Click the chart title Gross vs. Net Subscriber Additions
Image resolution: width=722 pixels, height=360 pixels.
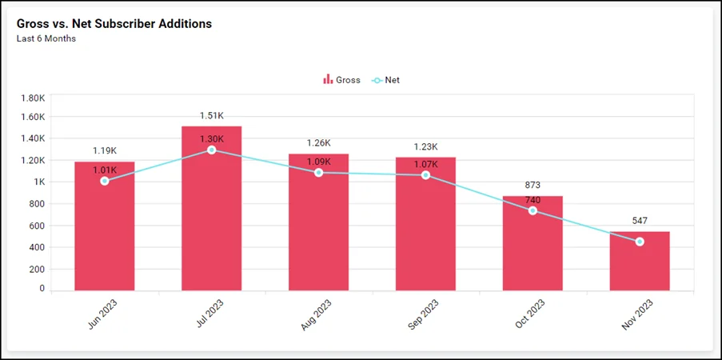pos(114,24)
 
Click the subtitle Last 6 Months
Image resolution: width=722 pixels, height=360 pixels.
pos(46,38)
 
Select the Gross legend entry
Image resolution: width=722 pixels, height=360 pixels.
pos(342,80)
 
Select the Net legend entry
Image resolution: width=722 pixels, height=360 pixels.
pos(386,80)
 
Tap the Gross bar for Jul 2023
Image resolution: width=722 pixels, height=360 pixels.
pos(212,216)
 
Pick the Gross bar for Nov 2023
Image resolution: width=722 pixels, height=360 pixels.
pos(640,264)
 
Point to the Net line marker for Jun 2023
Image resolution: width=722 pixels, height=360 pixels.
pos(105,181)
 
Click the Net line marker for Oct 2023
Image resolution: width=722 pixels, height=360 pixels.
pos(533,210)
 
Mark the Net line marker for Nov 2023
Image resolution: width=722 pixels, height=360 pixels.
pos(640,242)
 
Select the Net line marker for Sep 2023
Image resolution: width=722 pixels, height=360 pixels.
pos(426,174)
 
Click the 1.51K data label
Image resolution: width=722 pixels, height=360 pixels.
pos(212,116)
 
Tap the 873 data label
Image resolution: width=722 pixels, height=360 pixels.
pos(533,185)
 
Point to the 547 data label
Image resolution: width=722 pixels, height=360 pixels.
pos(640,221)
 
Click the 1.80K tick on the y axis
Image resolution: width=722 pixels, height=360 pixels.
pos(32,98)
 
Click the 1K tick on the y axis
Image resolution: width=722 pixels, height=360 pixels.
pos(38,182)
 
